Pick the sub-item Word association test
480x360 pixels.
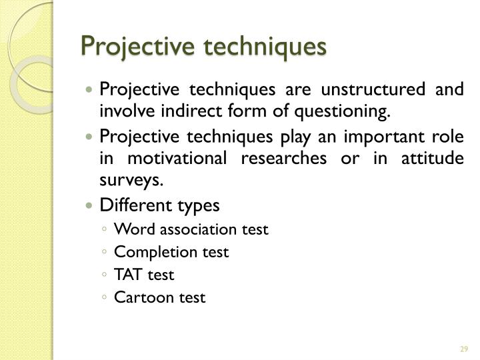coord(191,230)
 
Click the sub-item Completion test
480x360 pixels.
coord(171,253)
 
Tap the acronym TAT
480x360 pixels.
coord(126,275)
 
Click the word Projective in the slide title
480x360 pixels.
coord(127,49)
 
